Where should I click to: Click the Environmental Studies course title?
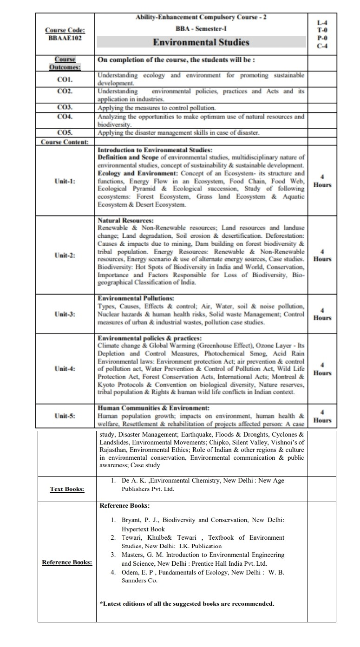[x=201, y=42]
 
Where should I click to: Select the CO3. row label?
[x=64, y=107]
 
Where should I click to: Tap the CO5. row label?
[x=64, y=132]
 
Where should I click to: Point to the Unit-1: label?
[x=65, y=181]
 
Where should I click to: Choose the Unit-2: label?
[x=65, y=255]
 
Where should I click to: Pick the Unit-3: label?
[x=65, y=314]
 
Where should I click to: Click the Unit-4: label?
[x=65, y=369]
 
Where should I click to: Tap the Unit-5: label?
[x=65, y=416]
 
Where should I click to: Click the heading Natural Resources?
[x=125, y=221]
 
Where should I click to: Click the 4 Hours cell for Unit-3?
[x=322, y=314]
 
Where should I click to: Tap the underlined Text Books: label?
[x=67, y=489]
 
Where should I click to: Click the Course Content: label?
[x=65, y=142]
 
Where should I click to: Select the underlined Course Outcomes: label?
[x=65, y=63]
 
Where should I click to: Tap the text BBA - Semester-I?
[x=201, y=28]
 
